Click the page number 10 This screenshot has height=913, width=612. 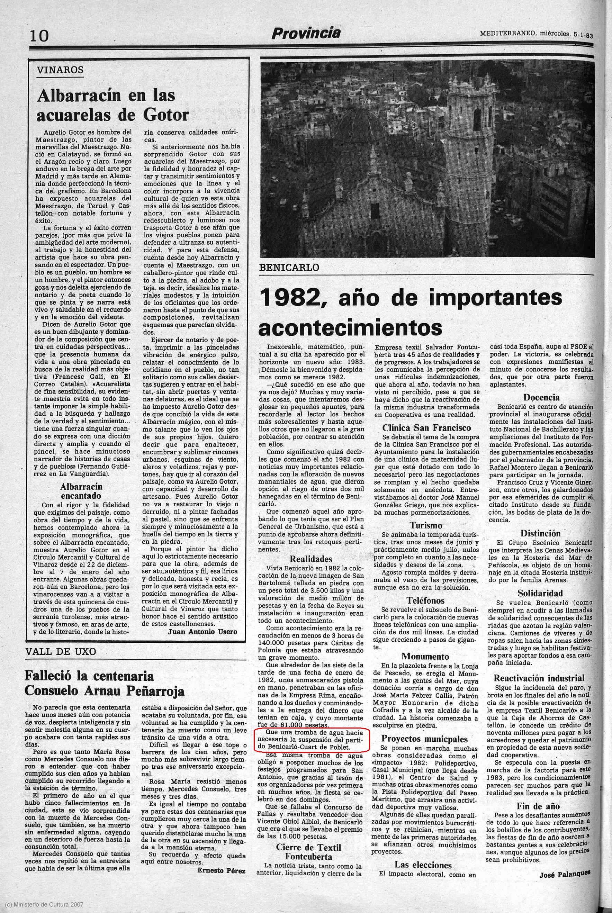coord(39,36)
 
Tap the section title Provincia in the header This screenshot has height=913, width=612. coord(306,34)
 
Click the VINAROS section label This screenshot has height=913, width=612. coord(60,70)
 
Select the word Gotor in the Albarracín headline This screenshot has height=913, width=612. coord(166,115)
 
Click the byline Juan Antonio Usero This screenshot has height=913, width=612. coord(202,632)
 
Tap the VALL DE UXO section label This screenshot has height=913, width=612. coord(61,651)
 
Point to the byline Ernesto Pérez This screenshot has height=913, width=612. coord(221,870)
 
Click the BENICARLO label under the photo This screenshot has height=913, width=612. coord(289,268)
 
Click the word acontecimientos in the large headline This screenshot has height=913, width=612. coord(350,328)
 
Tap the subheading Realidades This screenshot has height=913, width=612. coord(311,559)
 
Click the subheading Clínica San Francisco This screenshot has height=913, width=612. coord(426,428)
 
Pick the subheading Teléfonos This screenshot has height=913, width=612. coord(425,600)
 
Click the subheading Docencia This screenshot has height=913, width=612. coord(541,398)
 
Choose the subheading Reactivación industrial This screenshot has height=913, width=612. coord(539,678)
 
